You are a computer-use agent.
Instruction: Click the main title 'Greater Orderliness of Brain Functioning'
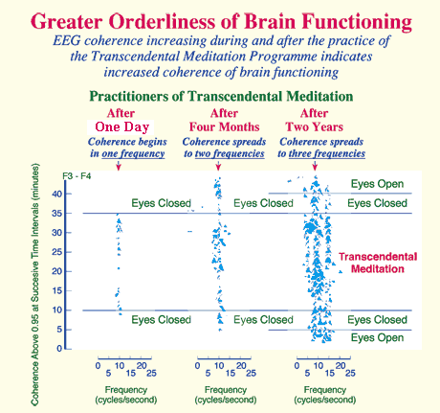click(x=221, y=21)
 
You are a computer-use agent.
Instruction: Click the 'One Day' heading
click(x=122, y=126)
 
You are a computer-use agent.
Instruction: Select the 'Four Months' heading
click(x=225, y=126)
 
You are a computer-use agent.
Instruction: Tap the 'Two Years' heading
click(x=315, y=126)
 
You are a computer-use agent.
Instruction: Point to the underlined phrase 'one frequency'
click(x=133, y=153)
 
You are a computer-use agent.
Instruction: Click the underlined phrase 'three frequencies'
click(x=327, y=153)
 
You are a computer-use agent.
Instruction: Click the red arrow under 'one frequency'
click(x=119, y=166)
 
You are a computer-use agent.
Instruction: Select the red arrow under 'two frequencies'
click(x=218, y=166)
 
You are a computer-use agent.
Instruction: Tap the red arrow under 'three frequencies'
click(x=315, y=166)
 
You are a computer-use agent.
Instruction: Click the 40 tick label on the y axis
click(x=56, y=194)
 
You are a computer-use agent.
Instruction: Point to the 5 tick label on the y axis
click(x=59, y=330)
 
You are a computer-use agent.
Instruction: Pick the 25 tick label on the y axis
click(x=56, y=252)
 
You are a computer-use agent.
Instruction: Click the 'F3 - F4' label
click(x=77, y=176)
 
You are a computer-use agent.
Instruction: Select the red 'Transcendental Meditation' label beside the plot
click(x=378, y=263)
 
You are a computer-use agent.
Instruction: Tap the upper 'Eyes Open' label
click(x=377, y=184)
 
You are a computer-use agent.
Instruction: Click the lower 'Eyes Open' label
click(x=377, y=337)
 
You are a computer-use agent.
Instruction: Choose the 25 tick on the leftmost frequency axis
click(x=151, y=373)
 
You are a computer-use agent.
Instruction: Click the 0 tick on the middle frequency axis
click(x=198, y=366)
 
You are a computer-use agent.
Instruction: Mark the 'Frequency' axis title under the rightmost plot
click(x=325, y=390)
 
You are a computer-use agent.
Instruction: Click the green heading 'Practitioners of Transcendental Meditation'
click(x=221, y=96)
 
